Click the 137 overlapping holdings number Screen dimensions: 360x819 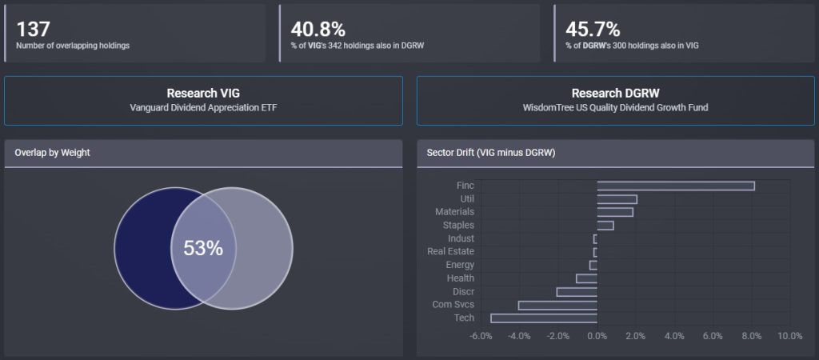click(34, 29)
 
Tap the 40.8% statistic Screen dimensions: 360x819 click(318, 29)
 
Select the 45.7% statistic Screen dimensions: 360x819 click(593, 29)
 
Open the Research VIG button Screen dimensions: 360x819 click(203, 100)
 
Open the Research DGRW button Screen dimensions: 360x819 click(615, 100)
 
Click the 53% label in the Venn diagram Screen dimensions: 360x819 click(203, 248)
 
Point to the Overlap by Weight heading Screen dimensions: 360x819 click(52, 153)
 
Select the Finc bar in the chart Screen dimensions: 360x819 click(676, 186)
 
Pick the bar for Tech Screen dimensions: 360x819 click(544, 318)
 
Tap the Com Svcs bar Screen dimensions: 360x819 click(557, 305)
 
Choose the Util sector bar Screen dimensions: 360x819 click(617, 198)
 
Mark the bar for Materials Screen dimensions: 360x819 click(615, 212)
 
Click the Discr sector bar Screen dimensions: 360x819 click(577, 291)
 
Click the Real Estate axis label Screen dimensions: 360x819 click(450, 252)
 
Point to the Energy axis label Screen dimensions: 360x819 click(460, 265)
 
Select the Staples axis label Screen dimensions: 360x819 click(458, 226)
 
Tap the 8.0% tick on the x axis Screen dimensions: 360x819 click(751, 336)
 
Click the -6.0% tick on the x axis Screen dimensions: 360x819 click(481, 336)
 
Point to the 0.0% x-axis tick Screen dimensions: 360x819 click(597, 336)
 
